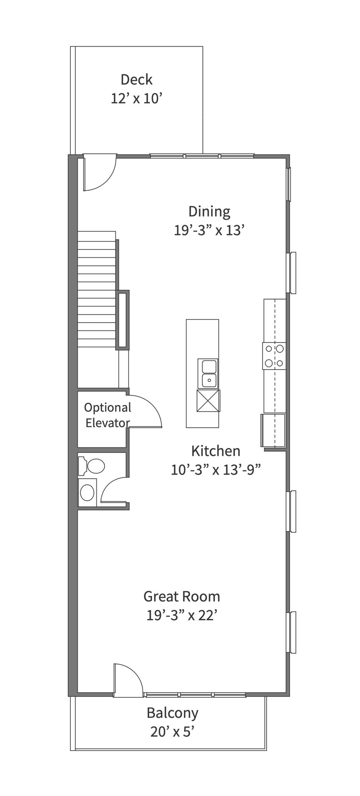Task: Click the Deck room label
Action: pyautogui.click(x=136, y=80)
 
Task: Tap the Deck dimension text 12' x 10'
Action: pyautogui.click(x=136, y=99)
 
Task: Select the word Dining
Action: pyautogui.click(x=209, y=212)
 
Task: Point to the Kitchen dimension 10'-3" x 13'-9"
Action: pyautogui.click(x=215, y=470)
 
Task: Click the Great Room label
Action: pyautogui.click(x=182, y=596)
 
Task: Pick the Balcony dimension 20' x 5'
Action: pyautogui.click(x=172, y=732)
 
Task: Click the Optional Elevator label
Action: pyautogui.click(x=108, y=415)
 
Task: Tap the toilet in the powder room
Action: pyautogui.click(x=92, y=466)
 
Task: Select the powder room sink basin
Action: pyautogui.click(x=87, y=492)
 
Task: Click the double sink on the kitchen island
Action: pyautogui.click(x=208, y=374)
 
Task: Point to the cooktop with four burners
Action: pyautogui.click(x=274, y=356)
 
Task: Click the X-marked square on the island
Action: pyautogui.click(x=208, y=400)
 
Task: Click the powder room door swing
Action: pyautogui.click(x=114, y=489)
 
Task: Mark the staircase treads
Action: pyautogui.click(x=97, y=289)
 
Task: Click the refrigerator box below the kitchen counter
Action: pyautogui.click(x=273, y=430)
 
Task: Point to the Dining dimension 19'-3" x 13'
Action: pyautogui.click(x=209, y=231)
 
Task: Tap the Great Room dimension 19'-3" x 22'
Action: pyautogui.click(x=181, y=616)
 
